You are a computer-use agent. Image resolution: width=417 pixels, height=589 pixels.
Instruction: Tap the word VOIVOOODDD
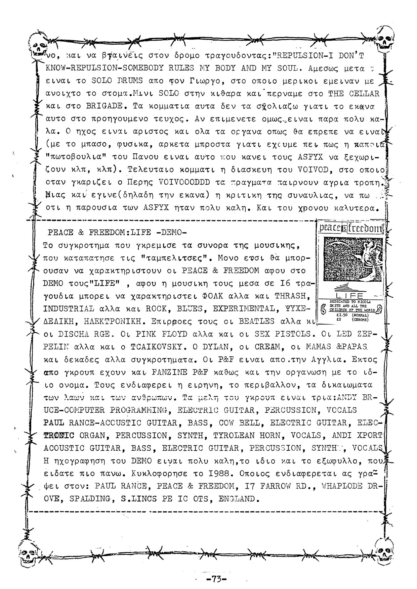click(184, 183)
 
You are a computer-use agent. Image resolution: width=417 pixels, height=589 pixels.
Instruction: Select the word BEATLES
click(256, 321)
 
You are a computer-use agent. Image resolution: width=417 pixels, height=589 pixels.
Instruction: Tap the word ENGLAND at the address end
click(238, 499)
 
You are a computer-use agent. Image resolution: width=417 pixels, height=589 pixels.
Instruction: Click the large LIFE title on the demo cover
click(349, 295)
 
